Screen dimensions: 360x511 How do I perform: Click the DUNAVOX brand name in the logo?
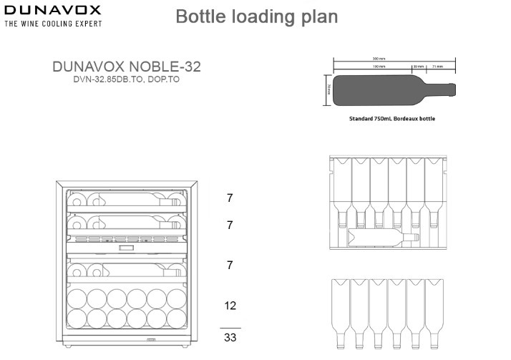point(53,10)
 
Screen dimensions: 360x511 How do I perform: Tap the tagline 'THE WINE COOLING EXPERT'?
point(53,24)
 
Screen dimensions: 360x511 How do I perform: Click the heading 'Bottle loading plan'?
point(256,16)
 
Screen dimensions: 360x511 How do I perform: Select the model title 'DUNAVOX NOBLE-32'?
point(127,67)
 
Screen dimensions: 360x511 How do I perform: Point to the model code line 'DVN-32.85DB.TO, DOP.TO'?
point(127,81)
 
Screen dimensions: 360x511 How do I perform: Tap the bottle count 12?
point(230,306)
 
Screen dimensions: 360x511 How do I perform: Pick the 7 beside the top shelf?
point(230,198)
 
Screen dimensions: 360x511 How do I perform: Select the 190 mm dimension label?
point(366,66)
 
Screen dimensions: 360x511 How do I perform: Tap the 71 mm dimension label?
point(437,66)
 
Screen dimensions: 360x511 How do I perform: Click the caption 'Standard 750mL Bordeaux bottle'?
point(391,119)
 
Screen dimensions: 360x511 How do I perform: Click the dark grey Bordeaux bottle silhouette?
point(379,89)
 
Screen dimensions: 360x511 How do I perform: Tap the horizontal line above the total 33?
point(230,327)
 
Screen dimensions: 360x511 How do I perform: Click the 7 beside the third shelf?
point(230,266)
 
